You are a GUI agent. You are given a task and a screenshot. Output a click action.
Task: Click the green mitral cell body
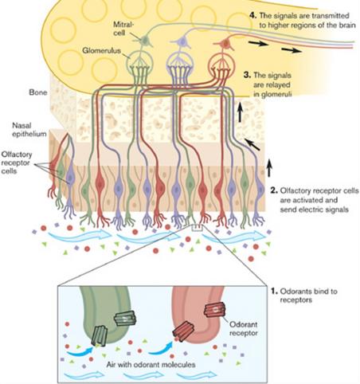coord(145,41)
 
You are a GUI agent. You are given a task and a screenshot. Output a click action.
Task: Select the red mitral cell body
coord(225,44)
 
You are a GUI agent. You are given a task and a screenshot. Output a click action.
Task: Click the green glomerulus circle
coord(140,64)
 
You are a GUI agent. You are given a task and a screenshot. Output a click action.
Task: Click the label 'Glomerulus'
coord(101,50)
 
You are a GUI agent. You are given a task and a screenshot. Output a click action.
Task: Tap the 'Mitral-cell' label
coord(123,28)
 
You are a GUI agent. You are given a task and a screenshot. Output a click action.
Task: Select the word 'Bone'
coord(38,92)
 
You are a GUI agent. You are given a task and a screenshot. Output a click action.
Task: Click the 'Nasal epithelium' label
coord(29,130)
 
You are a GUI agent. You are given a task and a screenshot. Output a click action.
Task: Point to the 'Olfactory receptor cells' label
coord(17,163)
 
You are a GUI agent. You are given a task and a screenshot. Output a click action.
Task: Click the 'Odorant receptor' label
coord(244,328)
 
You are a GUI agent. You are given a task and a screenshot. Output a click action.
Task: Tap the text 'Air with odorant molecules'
coord(151,364)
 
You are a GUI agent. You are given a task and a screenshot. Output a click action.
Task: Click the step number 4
coord(252,15)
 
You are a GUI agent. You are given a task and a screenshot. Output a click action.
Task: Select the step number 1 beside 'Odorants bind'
coord(274,291)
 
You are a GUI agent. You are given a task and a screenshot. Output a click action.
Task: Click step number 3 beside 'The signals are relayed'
coord(247,75)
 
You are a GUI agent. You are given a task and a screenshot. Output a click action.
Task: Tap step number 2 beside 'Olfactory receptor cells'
coord(274,190)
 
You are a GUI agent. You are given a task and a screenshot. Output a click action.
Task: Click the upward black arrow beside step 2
coord(269,168)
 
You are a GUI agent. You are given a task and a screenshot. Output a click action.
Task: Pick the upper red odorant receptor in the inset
coord(214,310)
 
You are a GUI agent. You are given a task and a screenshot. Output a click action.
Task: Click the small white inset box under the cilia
coord(197,228)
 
